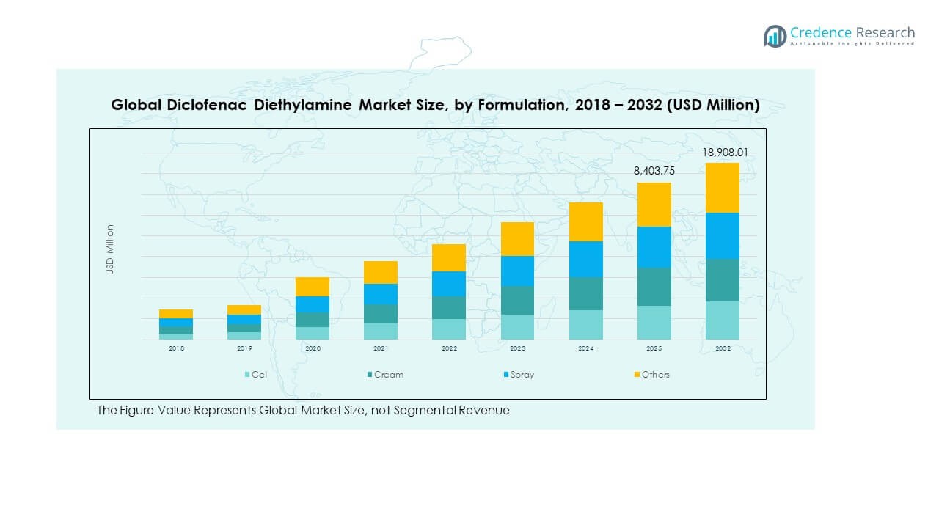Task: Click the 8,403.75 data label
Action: coord(654,171)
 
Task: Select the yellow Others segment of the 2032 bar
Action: coord(722,188)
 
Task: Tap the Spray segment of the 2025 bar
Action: coord(654,247)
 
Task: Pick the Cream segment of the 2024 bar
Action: coord(585,293)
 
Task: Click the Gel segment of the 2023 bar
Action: coord(517,327)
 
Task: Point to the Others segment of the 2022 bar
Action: coord(449,257)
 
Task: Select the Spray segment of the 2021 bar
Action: coord(381,294)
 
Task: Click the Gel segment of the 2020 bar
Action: coord(313,333)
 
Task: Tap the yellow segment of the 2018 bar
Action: coord(176,314)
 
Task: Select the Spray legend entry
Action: coord(522,375)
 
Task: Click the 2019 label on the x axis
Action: coord(244,349)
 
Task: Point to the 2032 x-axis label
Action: coord(722,349)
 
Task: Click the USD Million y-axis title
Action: coord(110,249)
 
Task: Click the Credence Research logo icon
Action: coord(775,36)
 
